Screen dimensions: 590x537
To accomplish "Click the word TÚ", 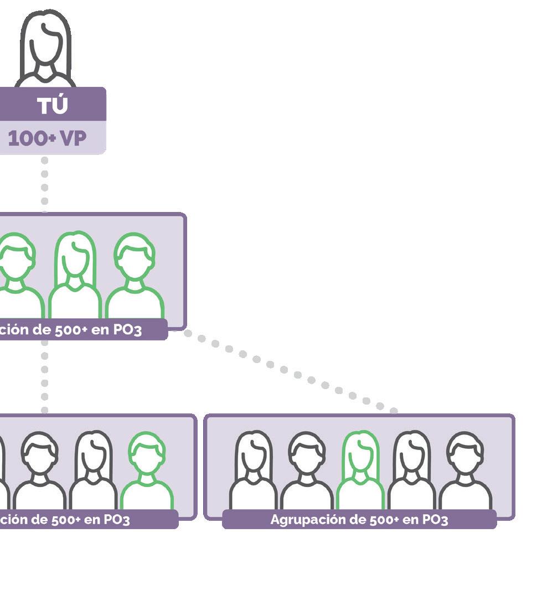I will [53, 105].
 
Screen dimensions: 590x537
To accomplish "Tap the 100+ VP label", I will [48, 138].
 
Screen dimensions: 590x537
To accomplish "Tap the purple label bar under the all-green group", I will [83, 330].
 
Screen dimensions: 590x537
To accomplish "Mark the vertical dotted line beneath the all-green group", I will [44, 376].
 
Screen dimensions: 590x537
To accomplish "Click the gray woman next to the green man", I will [93, 470].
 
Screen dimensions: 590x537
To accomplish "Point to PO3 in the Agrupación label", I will [435, 520].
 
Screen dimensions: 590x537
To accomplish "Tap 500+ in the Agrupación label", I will [381, 520].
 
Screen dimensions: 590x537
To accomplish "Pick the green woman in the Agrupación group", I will [360, 470].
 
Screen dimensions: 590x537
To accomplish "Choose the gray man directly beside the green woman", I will [307, 470].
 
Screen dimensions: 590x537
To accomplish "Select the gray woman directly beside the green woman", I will [411, 470].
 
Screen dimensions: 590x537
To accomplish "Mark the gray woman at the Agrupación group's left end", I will [254, 470].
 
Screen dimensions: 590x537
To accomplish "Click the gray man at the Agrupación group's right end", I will [465, 470].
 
